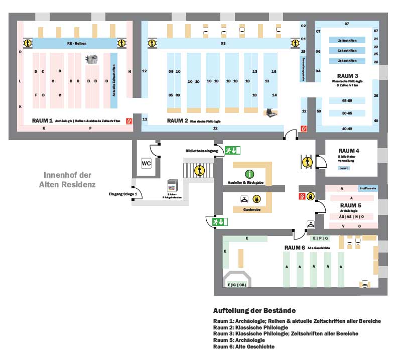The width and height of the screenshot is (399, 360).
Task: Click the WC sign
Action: [146, 163]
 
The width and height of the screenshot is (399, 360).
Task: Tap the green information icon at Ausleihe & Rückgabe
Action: [249, 174]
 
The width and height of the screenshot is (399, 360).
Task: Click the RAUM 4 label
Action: [349, 151]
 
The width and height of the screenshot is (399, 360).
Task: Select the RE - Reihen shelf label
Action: [77, 44]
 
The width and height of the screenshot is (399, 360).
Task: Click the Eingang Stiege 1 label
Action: [122, 194]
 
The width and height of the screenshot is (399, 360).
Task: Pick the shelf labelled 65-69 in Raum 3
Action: [347, 101]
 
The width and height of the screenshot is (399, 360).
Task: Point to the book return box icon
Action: [172, 185]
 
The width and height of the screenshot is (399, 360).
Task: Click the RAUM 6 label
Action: [295, 248]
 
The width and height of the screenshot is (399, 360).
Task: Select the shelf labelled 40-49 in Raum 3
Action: [347, 129]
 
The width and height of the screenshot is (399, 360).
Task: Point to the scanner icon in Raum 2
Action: [271, 112]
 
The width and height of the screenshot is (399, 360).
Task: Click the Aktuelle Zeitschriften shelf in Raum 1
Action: [113, 82]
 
